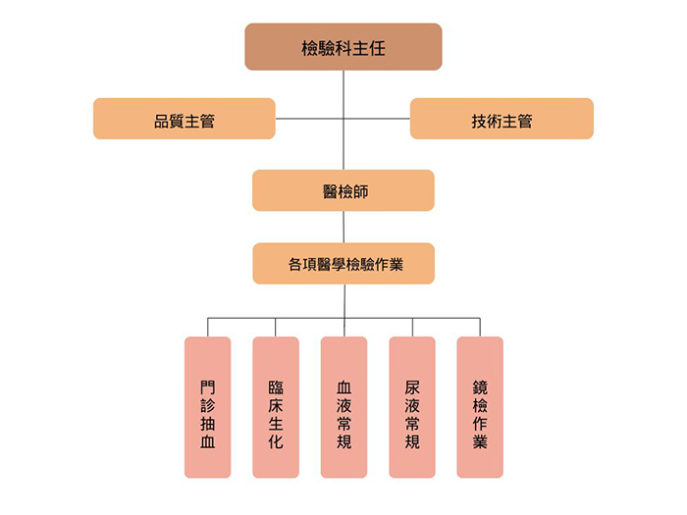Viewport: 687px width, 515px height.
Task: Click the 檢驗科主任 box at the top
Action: pos(343,47)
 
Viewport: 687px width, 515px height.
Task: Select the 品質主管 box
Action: pos(185,119)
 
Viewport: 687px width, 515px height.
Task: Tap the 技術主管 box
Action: pos(502,119)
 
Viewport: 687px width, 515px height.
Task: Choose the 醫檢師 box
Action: pos(343,190)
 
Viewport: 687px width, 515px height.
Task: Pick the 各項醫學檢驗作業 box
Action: pos(343,264)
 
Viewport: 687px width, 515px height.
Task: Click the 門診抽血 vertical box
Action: pos(207,407)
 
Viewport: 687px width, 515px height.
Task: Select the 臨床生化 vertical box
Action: pos(276,407)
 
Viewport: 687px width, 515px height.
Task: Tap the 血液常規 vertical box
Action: pos(343,407)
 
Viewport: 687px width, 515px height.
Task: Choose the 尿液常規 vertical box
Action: pos(412,407)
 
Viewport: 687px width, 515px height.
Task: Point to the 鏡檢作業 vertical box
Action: pos(480,407)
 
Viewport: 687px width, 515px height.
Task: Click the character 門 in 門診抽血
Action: pos(207,387)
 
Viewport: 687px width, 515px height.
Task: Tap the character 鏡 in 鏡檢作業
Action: pos(480,387)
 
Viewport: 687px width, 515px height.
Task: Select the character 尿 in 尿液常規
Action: pos(412,387)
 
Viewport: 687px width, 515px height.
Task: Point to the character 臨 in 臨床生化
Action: pos(276,387)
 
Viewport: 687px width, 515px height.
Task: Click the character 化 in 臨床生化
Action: pos(276,442)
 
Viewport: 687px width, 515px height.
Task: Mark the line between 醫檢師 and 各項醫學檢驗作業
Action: pos(343,227)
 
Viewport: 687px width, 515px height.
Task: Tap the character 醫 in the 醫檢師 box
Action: pos(330,191)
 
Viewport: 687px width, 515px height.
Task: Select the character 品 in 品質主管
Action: pos(162,120)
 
